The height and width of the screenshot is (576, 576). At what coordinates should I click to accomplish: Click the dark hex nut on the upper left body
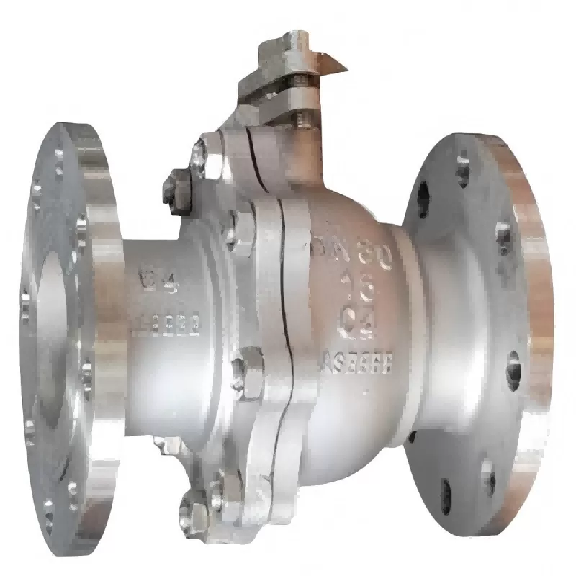pyautogui.click(x=175, y=189)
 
